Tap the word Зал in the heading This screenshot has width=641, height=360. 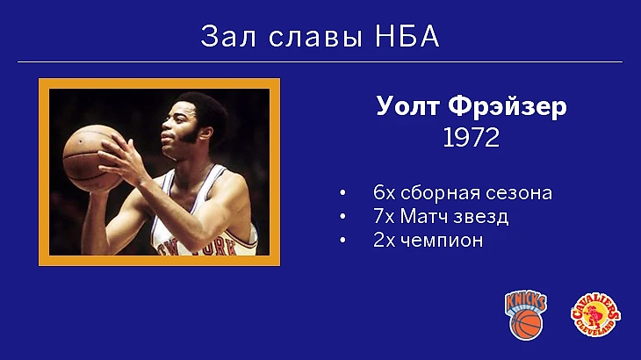point(228,36)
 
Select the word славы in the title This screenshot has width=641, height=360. point(315,38)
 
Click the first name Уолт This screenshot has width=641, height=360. point(407,106)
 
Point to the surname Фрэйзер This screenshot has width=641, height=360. point(508,107)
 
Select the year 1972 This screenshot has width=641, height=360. point(472,138)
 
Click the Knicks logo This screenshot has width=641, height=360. point(526,314)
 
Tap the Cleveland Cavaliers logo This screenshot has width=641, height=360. point(595,314)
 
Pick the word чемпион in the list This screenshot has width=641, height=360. point(442,241)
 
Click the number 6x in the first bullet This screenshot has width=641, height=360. point(385,193)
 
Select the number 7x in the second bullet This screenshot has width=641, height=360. point(384,217)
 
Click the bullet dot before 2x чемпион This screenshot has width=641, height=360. point(342,241)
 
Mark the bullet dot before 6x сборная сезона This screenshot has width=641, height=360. point(342,193)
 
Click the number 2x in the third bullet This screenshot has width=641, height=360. point(385,241)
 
